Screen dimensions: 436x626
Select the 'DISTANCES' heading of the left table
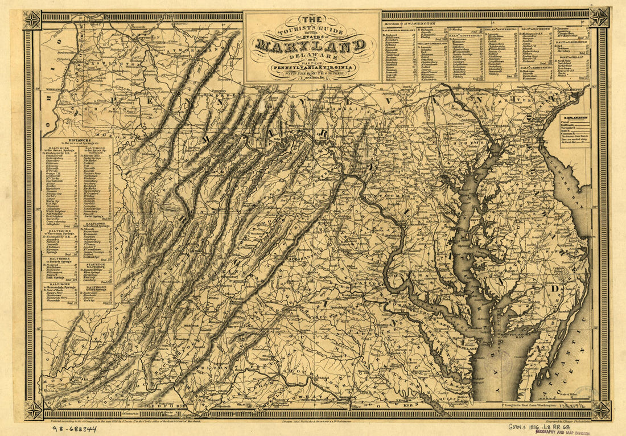coord(77,139)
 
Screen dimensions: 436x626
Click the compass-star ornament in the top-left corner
coord(32,20)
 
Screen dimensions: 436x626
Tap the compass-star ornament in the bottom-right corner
coord(601,410)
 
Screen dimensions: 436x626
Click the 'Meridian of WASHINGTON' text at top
coord(410,23)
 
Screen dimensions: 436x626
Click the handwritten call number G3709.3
coord(520,425)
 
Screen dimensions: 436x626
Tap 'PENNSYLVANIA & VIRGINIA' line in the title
coord(312,67)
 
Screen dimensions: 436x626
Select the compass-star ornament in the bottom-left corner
coord(33,410)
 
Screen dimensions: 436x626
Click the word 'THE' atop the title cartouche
coord(312,19)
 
